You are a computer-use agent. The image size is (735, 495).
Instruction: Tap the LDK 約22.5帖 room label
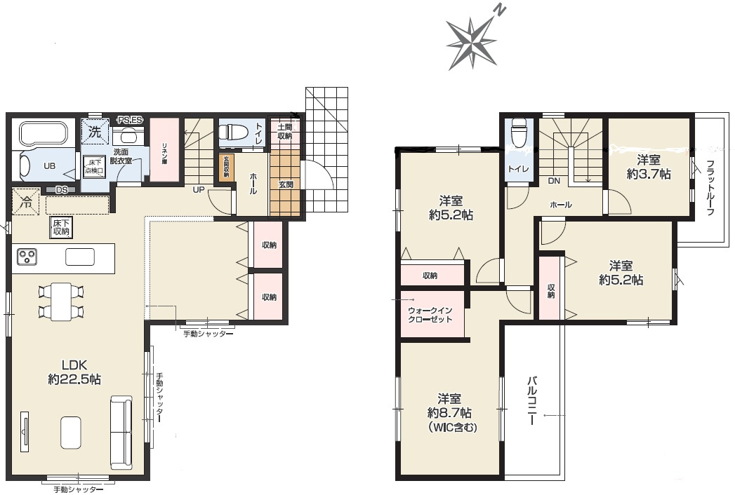(x=74, y=372)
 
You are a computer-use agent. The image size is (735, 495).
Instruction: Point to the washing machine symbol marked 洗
(x=93, y=131)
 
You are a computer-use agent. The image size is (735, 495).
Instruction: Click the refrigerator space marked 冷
(x=25, y=202)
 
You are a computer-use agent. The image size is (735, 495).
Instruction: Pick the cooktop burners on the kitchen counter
(x=28, y=257)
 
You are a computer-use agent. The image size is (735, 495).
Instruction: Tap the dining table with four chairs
(x=61, y=301)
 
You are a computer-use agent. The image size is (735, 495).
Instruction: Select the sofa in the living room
(x=120, y=432)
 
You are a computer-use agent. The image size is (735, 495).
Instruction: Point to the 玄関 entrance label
(x=286, y=184)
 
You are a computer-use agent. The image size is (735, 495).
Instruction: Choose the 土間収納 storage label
(x=284, y=131)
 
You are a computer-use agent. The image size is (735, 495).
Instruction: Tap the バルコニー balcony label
(x=532, y=401)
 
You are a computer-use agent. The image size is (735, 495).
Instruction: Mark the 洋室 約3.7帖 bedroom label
(x=649, y=167)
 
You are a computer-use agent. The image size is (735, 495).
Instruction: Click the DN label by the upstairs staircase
(x=554, y=181)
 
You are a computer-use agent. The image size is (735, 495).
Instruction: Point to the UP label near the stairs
(x=199, y=190)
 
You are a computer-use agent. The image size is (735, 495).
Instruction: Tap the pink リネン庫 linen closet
(x=164, y=151)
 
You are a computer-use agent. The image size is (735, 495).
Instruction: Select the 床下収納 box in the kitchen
(x=60, y=226)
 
